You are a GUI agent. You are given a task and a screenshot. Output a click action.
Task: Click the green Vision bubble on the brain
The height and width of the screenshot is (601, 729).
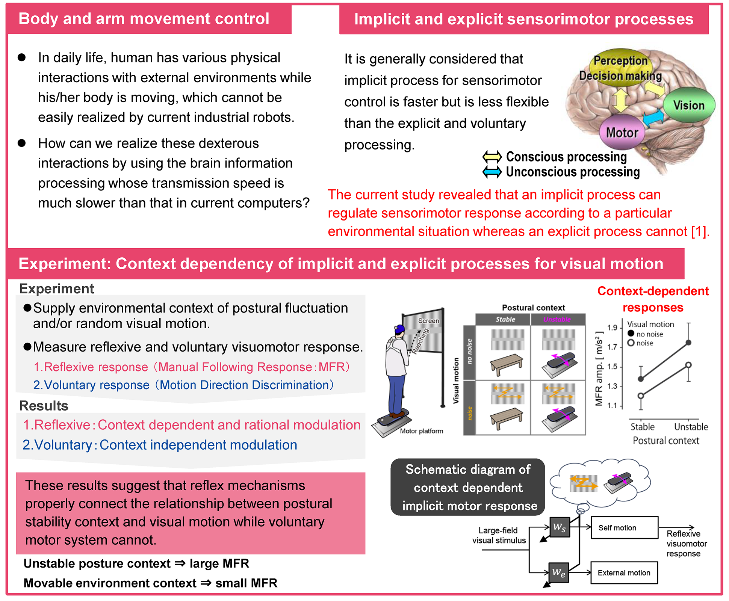(689, 105)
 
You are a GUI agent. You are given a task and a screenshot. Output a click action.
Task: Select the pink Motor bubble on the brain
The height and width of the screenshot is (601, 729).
(622, 132)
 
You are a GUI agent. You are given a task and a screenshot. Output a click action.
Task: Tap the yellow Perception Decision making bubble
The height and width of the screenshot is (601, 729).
(620, 68)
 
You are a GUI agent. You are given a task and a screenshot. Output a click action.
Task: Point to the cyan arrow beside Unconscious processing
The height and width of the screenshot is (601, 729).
(492, 172)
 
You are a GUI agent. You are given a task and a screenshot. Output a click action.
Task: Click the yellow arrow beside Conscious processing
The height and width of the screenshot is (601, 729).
(492, 156)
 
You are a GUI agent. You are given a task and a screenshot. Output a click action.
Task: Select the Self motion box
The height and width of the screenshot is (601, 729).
(625, 527)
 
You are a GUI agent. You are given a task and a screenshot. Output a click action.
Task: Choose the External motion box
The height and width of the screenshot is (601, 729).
(624, 572)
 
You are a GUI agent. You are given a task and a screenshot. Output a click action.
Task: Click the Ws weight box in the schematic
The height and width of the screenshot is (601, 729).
(560, 527)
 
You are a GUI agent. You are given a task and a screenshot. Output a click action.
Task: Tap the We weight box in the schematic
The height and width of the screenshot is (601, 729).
(559, 572)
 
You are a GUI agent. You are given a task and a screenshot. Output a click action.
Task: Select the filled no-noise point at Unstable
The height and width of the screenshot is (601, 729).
(688, 342)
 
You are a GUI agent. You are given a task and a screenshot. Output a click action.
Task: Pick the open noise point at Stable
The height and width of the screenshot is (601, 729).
(641, 396)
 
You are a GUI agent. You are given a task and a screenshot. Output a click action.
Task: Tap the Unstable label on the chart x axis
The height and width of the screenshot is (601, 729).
(691, 427)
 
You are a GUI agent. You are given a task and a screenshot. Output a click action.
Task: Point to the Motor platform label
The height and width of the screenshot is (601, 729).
(421, 431)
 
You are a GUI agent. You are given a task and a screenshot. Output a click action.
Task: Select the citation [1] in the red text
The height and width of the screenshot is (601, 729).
(699, 231)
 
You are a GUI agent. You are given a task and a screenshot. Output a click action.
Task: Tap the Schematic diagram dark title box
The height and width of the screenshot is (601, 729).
(468, 487)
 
